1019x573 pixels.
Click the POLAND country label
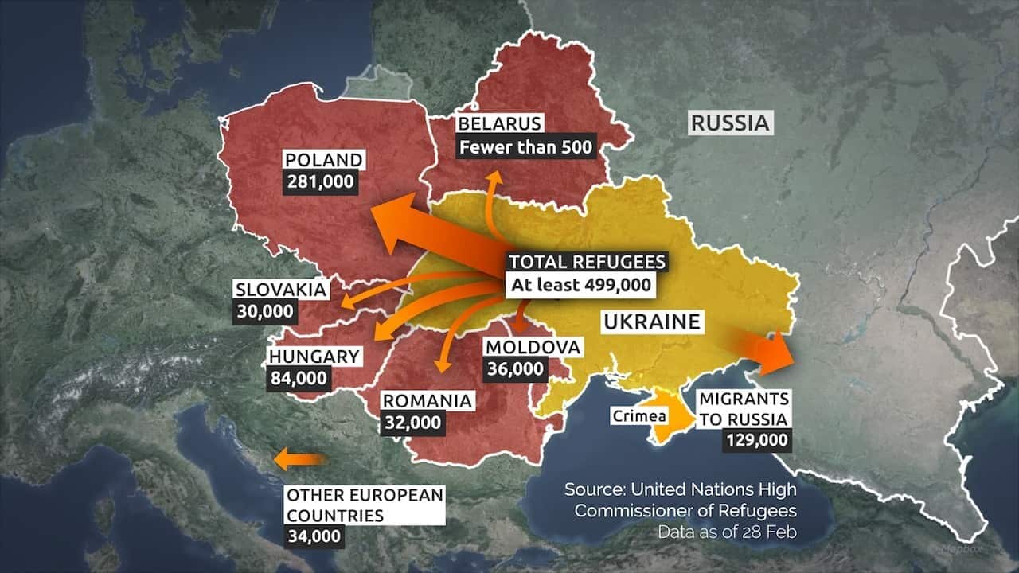tap(323, 160)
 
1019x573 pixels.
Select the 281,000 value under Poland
tap(321, 181)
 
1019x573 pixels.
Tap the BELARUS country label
tap(500, 123)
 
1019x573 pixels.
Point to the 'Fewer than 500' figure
tap(526, 146)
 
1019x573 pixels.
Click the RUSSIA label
tap(730, 123)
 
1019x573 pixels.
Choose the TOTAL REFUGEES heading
tap(587, 262)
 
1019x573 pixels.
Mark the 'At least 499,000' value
tap(580, 285)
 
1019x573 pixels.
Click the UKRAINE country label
tap(651, 322)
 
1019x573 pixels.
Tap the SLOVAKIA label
tap(281, 289)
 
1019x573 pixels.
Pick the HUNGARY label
tap(314, 356)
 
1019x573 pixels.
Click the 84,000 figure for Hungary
tap(299, 378)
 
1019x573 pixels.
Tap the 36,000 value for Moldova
tap(517, 368)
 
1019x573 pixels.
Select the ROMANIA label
tap(428, 401)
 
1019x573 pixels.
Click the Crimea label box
tap(639, 415)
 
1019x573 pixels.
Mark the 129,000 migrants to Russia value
tap(756, 439)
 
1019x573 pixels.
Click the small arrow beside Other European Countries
tap(299, 459)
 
